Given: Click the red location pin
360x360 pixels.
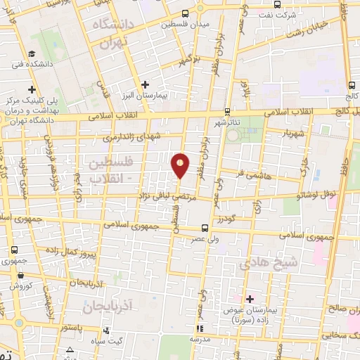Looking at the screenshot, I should (x=181, y=165).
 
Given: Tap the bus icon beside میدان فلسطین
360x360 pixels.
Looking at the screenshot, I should (x=185, y=13).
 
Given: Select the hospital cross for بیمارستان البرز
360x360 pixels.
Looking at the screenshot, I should (x=144, y=85).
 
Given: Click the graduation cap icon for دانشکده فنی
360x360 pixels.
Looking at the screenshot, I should (x=32, y=54).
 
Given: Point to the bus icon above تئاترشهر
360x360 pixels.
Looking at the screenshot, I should (x=226, y=111).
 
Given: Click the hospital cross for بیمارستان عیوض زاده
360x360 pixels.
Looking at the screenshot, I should (x=250, y=299).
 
